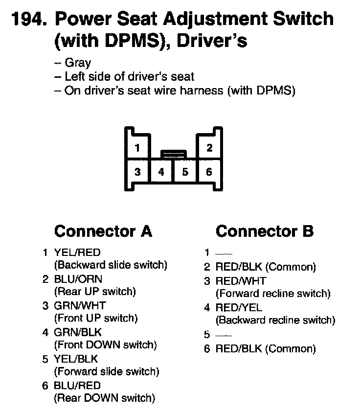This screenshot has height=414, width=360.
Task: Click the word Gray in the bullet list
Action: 78,63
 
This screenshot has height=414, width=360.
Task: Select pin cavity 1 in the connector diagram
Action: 138,147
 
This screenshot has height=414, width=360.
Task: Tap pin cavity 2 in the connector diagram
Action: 209,147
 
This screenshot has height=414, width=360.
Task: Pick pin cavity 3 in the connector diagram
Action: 138,172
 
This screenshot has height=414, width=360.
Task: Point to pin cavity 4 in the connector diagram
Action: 161,172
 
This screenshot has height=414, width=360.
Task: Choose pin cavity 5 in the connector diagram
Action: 185,172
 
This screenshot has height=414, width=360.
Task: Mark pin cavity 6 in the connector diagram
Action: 209,172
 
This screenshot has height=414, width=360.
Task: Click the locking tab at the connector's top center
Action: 173,154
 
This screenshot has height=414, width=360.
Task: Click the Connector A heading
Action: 103,231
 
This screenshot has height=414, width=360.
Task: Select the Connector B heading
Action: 265,231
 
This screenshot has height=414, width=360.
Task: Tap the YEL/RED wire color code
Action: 77,253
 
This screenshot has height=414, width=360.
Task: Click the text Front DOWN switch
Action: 105,345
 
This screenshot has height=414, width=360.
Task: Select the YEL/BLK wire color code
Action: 77,359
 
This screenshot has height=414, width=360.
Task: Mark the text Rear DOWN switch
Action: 104,397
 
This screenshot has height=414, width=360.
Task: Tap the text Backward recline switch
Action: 275,320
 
